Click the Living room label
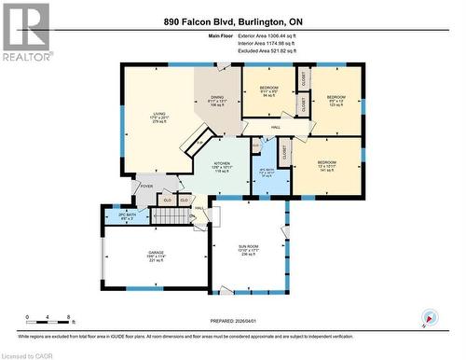click(159, 118)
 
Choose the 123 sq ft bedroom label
click(336, 101)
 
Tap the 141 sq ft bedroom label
click(327, 166)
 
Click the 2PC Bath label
click(113, 216)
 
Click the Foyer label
click(146, 186)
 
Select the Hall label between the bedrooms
click(277, 127)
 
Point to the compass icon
click(429, 318)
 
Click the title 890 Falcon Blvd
click(233, 21)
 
